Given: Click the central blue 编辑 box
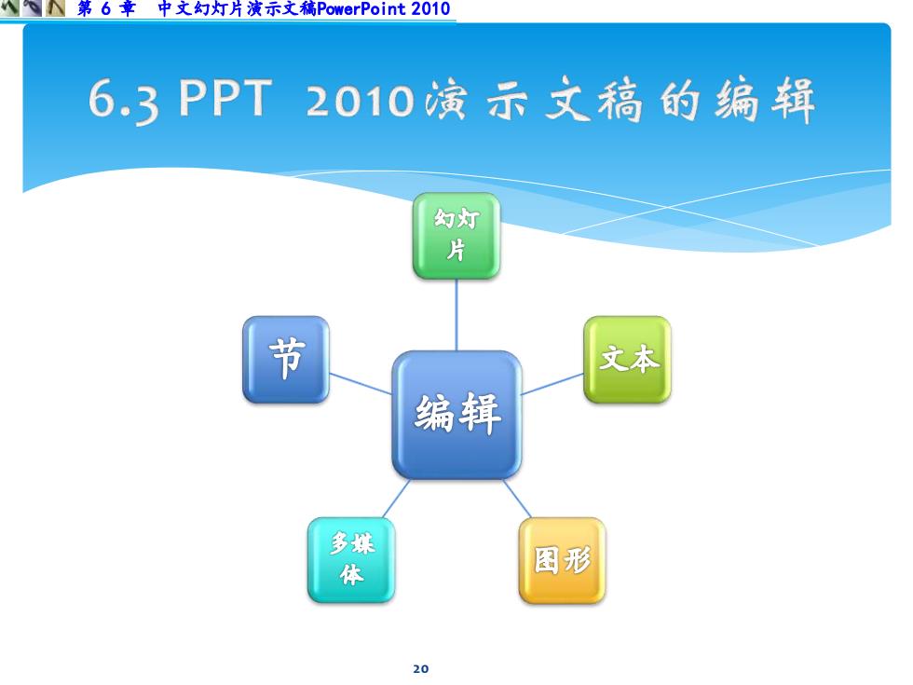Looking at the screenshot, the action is [456, 415].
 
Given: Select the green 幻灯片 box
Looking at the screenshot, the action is [456, 236].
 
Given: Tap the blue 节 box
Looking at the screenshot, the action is [286, 360].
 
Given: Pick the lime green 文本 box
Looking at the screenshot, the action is [627, 360].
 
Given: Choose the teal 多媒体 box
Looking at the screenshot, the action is [351, 560].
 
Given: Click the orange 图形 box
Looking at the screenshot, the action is [562, 560].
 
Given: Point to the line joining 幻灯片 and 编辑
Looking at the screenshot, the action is [456, 315].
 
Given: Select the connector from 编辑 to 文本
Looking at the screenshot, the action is [552, 384].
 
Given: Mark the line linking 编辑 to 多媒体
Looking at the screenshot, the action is [396, 499].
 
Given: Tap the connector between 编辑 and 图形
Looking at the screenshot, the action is [518, 499].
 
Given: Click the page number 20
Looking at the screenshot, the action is [421, 669].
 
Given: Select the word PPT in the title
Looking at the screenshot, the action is [225, 97].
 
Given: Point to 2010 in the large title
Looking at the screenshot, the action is [360, 101].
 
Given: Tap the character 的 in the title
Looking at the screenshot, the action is [680, 101].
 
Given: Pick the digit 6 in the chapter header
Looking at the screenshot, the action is [105, 8].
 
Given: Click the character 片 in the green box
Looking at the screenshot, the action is [456, 251].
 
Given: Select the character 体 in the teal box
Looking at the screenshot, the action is [352, 574].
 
